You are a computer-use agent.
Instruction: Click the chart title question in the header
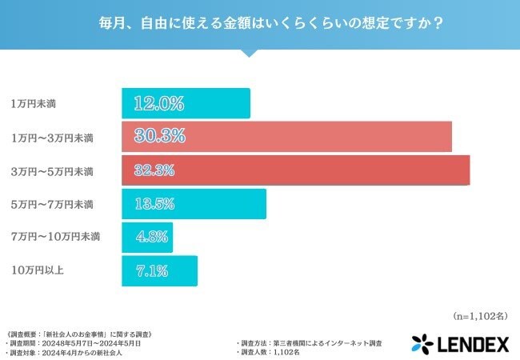pyautogui.click(x=260, y=22)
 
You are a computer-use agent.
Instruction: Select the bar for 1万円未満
pyautogui.click(x=186, y=103)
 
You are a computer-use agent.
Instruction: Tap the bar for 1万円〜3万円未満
pyautogui.click(x=286, y=137)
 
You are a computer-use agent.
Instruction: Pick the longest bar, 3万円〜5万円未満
pyautogui.click(x=295, y=170)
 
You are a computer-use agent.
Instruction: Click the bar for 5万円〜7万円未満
pyautogui.click(x=194, y=204)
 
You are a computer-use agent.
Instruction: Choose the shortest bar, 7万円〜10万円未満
pyautogui.click(x=147, y=238)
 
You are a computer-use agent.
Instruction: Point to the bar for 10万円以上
pyautogui.click(x=159, y=271)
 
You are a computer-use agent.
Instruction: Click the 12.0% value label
pyautogui.click(x=159, y=103)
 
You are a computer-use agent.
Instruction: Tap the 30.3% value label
pyautogui.click(x=160, y=137)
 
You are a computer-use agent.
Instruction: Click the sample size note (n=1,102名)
pyautogui.click(x=481, y=316)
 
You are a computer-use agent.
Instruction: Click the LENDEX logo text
pyautogui.click(x=473, y=344)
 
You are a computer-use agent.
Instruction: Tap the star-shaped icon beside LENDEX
pyautogui.click(x=422, y=344)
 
